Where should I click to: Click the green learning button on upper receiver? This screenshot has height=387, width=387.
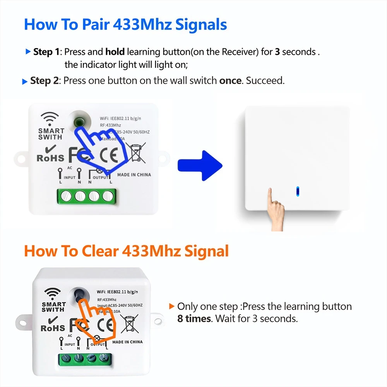click(80, 121)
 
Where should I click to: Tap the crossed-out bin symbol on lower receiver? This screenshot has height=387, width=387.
click(130, 324)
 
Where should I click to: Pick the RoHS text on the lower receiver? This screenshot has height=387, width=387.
click(52, 328)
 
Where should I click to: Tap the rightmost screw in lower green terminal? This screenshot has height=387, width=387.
click(103, 357)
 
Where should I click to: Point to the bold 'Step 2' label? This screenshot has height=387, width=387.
click(45, 81)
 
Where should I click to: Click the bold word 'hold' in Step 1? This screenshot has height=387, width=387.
click(115, 51)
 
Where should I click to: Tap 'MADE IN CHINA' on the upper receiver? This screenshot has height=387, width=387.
click(134, 175)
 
